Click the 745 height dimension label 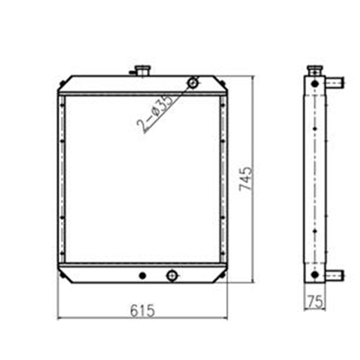click(x=246, y=179)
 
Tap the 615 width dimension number click(x=142, y=310)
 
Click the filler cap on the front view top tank click(x=141, y=71)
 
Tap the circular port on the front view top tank click(x=193, y=83)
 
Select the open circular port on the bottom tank click(x=171, y=275)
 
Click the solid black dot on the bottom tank click(x=142, y=275)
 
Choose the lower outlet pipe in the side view click(x=334, y=275)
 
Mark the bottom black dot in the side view click(x=314, y=275)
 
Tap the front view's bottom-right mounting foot click(x=224, y=274)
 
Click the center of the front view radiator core click(x=142, y=179)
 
